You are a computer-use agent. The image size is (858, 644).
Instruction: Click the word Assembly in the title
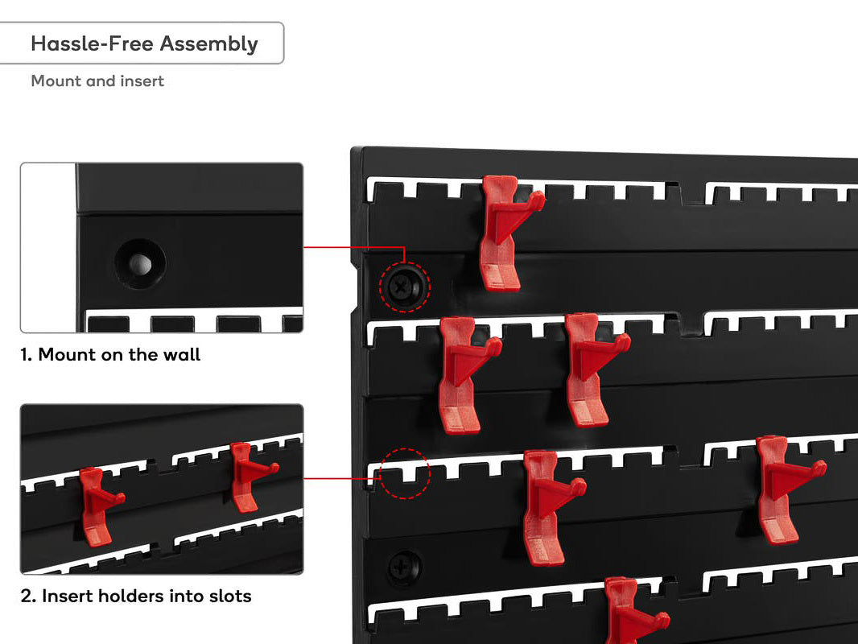208,44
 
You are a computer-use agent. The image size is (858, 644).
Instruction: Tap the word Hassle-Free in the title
92,43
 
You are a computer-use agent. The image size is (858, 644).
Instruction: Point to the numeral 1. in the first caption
27,355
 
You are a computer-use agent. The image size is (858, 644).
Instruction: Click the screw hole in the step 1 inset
140,264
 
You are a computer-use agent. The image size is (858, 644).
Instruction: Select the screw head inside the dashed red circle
404,286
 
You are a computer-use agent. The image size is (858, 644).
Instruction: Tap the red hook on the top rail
507,233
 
